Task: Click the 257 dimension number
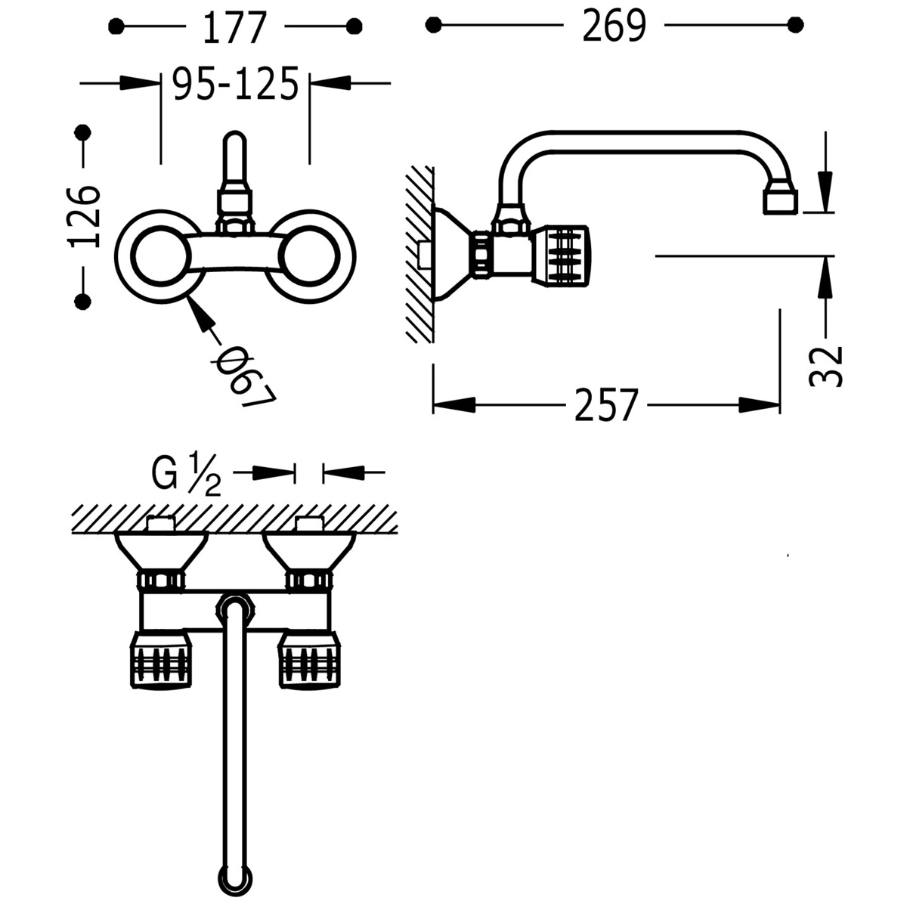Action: point(606,406)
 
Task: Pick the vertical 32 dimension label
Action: point(825,365)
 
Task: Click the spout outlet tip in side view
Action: point(779,200)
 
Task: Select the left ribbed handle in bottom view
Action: point(162,660)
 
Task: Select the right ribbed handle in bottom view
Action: point(311,660)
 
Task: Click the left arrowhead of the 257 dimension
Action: point(454,406)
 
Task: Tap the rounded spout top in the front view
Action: point(235,144)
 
